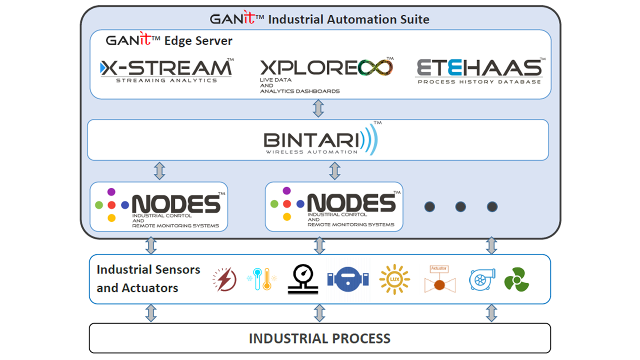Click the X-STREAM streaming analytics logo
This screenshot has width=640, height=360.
point(166,70)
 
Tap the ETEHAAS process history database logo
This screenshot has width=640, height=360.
point(479,70)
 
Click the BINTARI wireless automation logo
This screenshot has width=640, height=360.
point(320,139)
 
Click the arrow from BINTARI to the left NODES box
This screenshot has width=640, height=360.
point(159,170)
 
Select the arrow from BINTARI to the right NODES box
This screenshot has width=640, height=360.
point(334,170)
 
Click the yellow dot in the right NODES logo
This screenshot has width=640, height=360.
point(287,217)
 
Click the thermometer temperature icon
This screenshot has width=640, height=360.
point(261,279)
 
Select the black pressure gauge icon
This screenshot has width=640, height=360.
point(302,279)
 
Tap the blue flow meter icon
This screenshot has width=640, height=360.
point(348,279)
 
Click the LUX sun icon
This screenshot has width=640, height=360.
point(394,279)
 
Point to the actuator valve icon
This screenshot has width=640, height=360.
point(439,279)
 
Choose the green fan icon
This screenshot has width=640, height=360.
point(516,279)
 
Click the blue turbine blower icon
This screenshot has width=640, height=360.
point(481,279)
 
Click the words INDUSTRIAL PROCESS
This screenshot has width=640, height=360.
point(319,338)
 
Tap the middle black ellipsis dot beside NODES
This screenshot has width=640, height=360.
point(460,206)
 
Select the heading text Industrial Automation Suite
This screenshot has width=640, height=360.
point(348,19)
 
